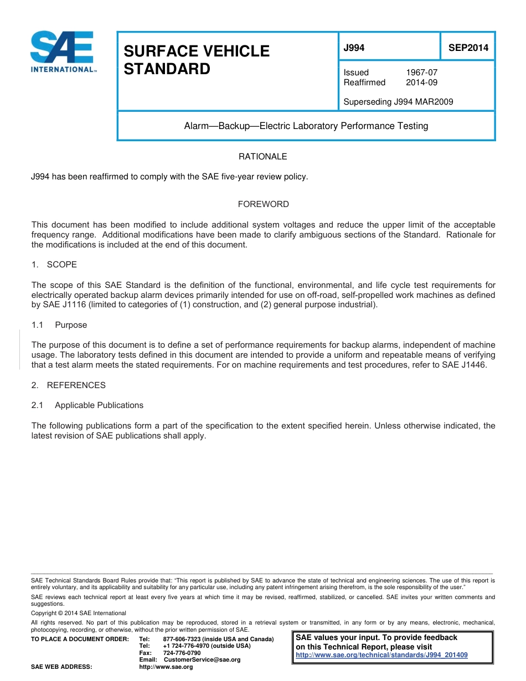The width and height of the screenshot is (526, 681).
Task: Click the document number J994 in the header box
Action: pos(354,48)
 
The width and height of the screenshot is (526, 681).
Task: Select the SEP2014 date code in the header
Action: pos(468,48)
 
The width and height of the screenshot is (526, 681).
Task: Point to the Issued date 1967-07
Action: pos(421,73)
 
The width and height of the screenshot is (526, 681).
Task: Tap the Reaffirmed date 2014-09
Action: pos(421,82)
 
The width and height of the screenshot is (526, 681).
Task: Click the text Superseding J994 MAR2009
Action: pos(398,102)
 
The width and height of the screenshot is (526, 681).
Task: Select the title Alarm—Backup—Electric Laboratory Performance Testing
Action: pos(306,126)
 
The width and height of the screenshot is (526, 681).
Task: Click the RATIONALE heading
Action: pos(262,157)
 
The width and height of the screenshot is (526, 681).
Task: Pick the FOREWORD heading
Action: pos(263,204)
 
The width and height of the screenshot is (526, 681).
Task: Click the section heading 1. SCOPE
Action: pos(54,265)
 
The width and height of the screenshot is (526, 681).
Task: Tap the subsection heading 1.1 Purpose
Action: pos(59,325)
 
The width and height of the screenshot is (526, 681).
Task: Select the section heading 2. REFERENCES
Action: pos(69,385)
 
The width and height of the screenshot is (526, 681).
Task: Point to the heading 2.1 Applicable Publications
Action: pos(87,405)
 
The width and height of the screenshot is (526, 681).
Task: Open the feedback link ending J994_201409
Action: pos(381,655)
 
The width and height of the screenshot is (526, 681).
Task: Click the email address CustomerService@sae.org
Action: pos(202,660)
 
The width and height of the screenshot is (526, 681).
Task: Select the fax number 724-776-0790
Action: pos(182,653)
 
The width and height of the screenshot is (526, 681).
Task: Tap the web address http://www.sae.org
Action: pos(166,667)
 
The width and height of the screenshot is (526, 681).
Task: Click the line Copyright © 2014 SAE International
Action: pos(79,613)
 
